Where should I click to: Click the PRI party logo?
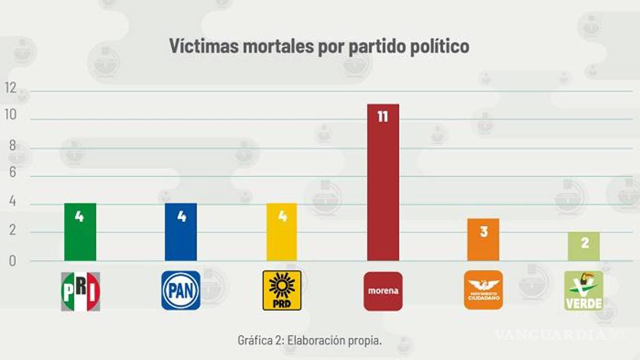(81, 291)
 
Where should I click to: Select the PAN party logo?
(181, 291)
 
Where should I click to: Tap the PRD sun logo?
(282, 291)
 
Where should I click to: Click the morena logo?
(383, 291)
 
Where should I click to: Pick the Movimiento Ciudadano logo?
(483, 290)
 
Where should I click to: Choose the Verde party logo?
(583, 291)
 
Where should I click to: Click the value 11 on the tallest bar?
(382, 117)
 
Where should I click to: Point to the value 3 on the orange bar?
(483, 231)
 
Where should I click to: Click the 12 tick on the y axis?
(10, 88)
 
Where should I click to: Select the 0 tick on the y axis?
(12, 261)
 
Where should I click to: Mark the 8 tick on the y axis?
(12, 146)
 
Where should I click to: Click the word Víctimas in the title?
(203, 46)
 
